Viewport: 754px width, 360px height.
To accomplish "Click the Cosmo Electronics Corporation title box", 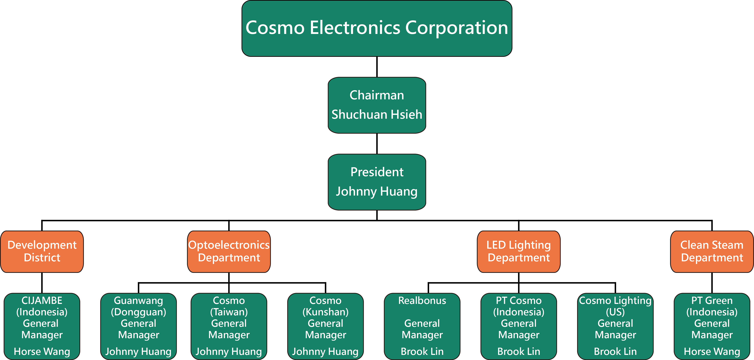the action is point(377,28).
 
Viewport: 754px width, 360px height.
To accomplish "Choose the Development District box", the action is point(42,252).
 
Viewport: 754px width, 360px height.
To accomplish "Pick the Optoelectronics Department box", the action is point(229,252).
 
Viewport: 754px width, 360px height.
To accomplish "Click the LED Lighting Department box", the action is point(519,252).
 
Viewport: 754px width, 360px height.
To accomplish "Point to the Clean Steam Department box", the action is point(712,252).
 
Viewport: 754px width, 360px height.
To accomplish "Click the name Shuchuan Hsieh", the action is point(377,114).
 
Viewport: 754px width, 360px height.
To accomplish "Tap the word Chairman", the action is point(377,95).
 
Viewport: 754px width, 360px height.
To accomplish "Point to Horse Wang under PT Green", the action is point(712,352).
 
